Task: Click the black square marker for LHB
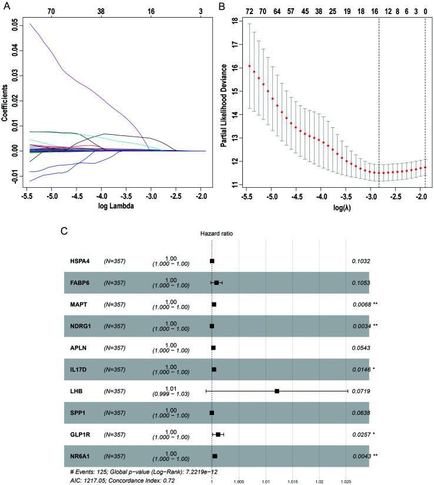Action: coord(276,391)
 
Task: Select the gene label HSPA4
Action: coord(81,260)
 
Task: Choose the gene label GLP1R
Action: coord(82,434)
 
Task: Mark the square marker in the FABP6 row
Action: coord(216,283)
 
